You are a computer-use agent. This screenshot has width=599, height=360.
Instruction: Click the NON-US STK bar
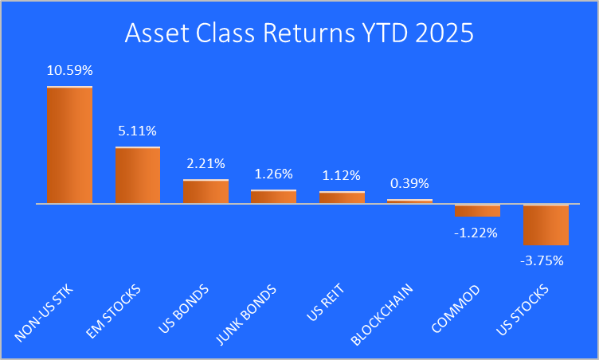69,145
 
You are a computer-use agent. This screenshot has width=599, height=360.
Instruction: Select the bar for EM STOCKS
138,175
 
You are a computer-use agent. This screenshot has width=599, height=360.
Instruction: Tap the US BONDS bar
206,191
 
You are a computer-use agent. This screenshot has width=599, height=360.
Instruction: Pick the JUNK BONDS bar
273,197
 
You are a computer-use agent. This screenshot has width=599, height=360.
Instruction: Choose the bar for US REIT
342,198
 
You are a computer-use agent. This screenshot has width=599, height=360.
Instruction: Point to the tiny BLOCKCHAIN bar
410,202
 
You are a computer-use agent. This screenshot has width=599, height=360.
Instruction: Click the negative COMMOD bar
477,210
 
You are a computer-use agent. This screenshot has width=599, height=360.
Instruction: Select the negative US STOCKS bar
546,225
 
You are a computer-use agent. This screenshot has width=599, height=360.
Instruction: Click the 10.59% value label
70,70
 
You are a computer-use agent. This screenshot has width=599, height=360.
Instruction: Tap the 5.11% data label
138,131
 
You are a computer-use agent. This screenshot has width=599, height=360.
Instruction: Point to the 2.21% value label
206,163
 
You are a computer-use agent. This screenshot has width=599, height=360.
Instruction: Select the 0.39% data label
410,183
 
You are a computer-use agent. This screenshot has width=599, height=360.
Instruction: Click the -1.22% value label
476,233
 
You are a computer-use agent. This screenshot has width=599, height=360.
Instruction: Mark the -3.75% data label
542,260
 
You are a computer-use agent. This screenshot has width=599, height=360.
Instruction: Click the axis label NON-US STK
44,313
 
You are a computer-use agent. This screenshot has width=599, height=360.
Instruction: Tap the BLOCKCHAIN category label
382,315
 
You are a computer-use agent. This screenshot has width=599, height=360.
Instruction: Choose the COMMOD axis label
456,309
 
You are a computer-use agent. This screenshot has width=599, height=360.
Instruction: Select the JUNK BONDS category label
246,315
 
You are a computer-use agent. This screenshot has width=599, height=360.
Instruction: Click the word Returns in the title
309,33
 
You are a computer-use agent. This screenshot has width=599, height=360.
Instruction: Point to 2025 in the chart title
444,33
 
